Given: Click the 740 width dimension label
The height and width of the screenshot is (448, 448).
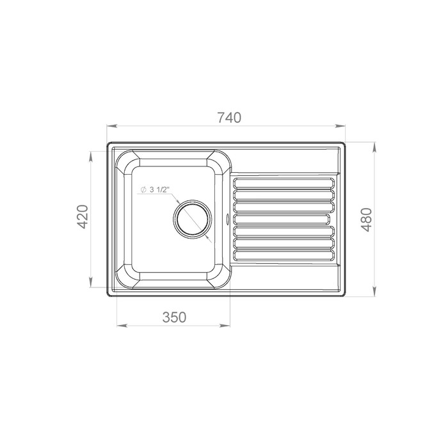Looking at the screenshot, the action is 229,117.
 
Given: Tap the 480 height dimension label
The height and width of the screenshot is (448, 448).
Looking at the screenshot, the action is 367,220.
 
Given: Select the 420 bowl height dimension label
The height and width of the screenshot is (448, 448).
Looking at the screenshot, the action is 83,216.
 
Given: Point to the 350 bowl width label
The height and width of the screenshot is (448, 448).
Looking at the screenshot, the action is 174,317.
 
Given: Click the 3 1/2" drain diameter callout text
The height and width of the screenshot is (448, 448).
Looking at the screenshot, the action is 159,189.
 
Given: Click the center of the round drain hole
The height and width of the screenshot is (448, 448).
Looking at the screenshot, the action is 193,219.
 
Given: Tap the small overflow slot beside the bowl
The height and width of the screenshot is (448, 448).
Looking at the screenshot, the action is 227,219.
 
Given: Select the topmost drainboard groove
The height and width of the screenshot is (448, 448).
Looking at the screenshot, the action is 284,184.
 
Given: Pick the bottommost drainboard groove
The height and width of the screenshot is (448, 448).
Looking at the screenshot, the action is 284,255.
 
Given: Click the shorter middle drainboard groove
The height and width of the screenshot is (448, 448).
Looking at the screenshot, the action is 282,219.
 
